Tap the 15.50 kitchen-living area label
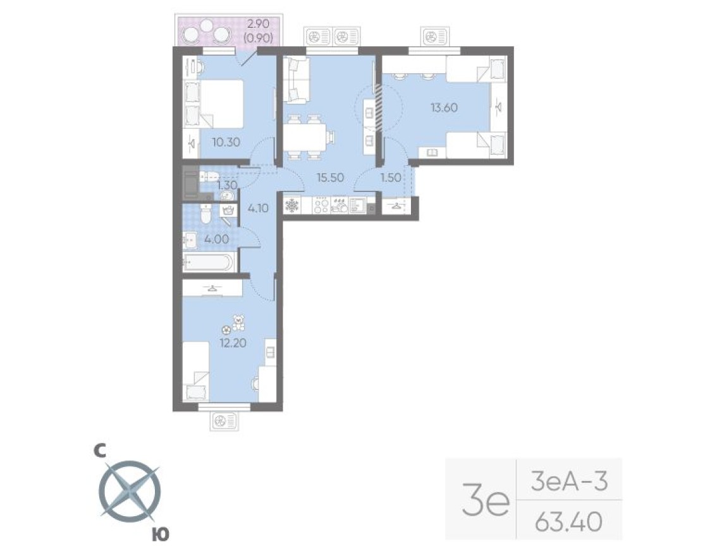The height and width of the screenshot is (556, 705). pyautogui.click(x=330, y=178)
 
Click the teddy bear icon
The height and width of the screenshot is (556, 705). pyautogui.click(x=238, y=323)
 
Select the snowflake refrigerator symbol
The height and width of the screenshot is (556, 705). pyautogui.click(x=293, y=206)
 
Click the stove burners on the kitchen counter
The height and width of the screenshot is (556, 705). pyautogui.click(x=321, y=206)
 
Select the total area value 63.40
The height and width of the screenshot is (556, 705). pyautogui.click(x=568, y=523)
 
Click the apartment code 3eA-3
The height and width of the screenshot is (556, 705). pyautogui.click(x=568, y=483)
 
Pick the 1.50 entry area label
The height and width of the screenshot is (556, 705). pyautogui.click(x=391, y=178)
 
